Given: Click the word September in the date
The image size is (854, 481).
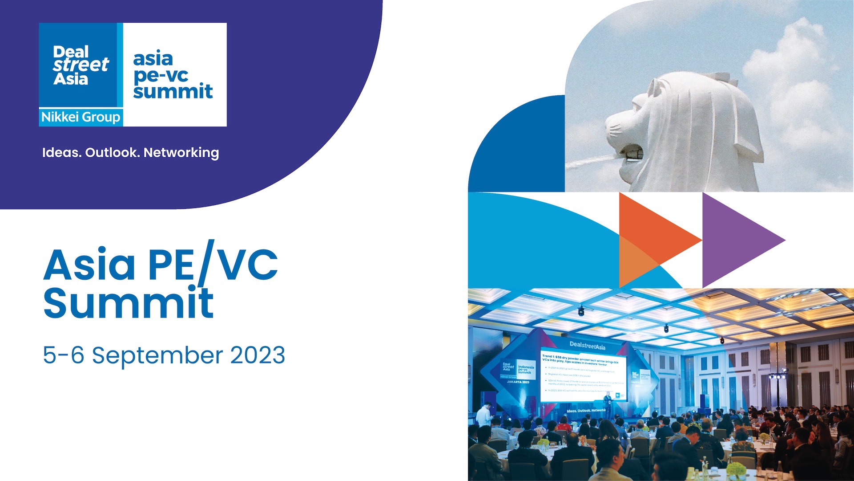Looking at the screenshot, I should coord(157,356).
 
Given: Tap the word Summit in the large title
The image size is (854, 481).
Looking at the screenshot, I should coord(129,303).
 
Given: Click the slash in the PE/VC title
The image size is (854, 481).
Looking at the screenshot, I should coord(206,263).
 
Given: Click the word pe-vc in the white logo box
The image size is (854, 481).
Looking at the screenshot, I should coord(161,76).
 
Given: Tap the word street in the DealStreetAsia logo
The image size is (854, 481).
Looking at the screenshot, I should coord(81,65).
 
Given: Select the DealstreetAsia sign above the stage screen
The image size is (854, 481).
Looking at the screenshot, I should coord(587,345).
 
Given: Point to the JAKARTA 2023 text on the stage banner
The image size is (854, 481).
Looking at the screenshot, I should coord(518,382).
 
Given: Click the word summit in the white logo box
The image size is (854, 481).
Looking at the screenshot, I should coord(173,92).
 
